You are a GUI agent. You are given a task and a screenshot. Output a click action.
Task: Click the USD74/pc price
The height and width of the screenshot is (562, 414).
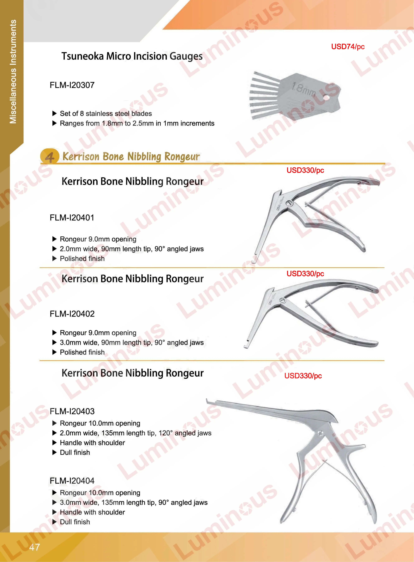tap(348, 47)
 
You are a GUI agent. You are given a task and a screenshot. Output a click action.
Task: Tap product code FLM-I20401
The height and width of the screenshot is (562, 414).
tap(72, 218)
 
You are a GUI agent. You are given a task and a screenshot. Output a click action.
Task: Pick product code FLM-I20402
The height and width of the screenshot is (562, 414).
tap(72, 314)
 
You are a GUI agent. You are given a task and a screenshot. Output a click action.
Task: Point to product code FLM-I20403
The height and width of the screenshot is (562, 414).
tap(72, 411)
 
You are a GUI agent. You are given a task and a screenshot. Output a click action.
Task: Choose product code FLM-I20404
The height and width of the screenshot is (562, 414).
tap(72, 481)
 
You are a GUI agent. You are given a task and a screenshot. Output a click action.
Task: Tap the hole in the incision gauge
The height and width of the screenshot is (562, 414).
tap(326, 97)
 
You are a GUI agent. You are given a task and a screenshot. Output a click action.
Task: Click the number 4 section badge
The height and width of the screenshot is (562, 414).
tap(50, 156)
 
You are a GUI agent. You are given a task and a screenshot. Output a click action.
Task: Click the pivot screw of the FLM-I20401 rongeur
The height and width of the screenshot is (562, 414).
tap(291, 203)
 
